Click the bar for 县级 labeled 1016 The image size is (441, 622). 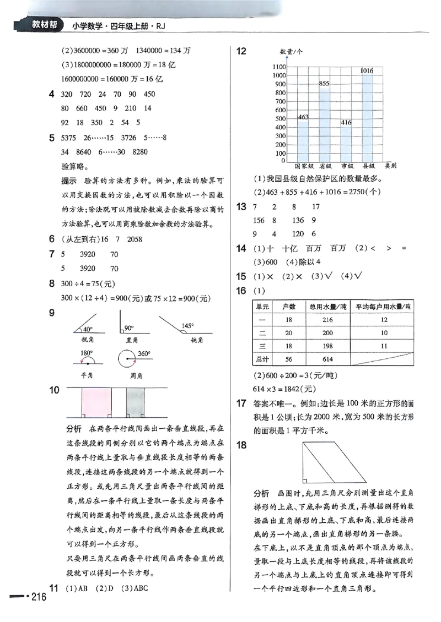tap(367, 118)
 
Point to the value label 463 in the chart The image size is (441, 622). tap(303, 117)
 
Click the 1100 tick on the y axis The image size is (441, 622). tap(279, 67)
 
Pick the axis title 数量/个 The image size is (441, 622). tap(291, 52)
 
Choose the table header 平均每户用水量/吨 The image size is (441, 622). tap(384, 306)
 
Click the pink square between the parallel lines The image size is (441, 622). tap(94, 402)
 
